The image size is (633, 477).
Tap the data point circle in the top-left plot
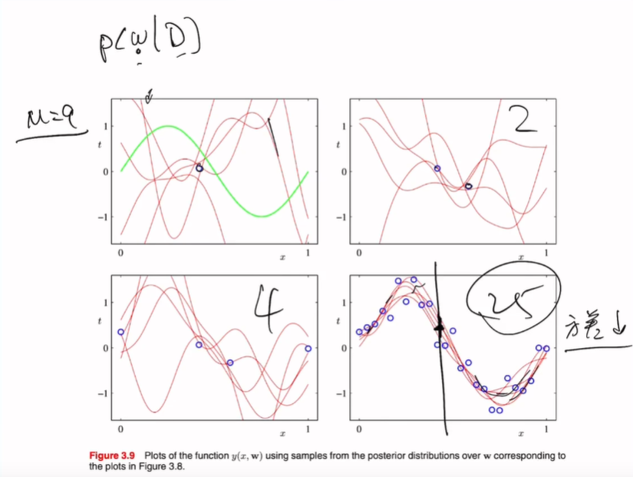(x=199, y=167)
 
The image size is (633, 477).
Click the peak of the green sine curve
(x=168, y=127)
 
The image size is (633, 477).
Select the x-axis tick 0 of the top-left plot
(x=121, y=253)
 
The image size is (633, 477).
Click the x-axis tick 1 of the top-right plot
(x=546, y=253)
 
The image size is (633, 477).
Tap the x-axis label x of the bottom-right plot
(x=521, y=436)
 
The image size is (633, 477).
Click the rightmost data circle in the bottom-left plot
(x=308, y=348)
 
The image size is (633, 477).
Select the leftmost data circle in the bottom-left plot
(x=120, y=332)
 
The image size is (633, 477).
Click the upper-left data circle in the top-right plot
(x=437, y=168)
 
